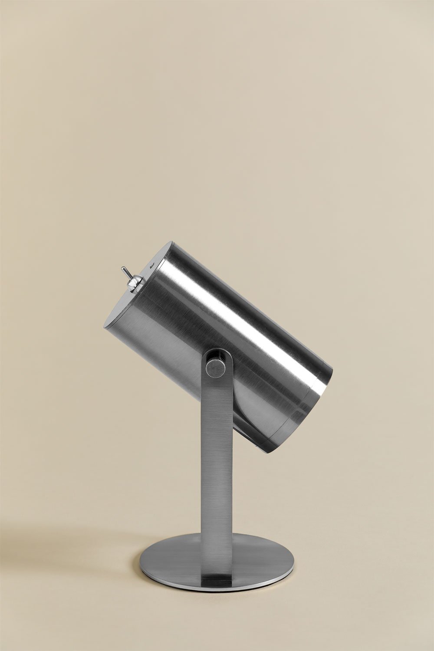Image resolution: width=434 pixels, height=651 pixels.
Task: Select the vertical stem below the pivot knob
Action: pos(216,456)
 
